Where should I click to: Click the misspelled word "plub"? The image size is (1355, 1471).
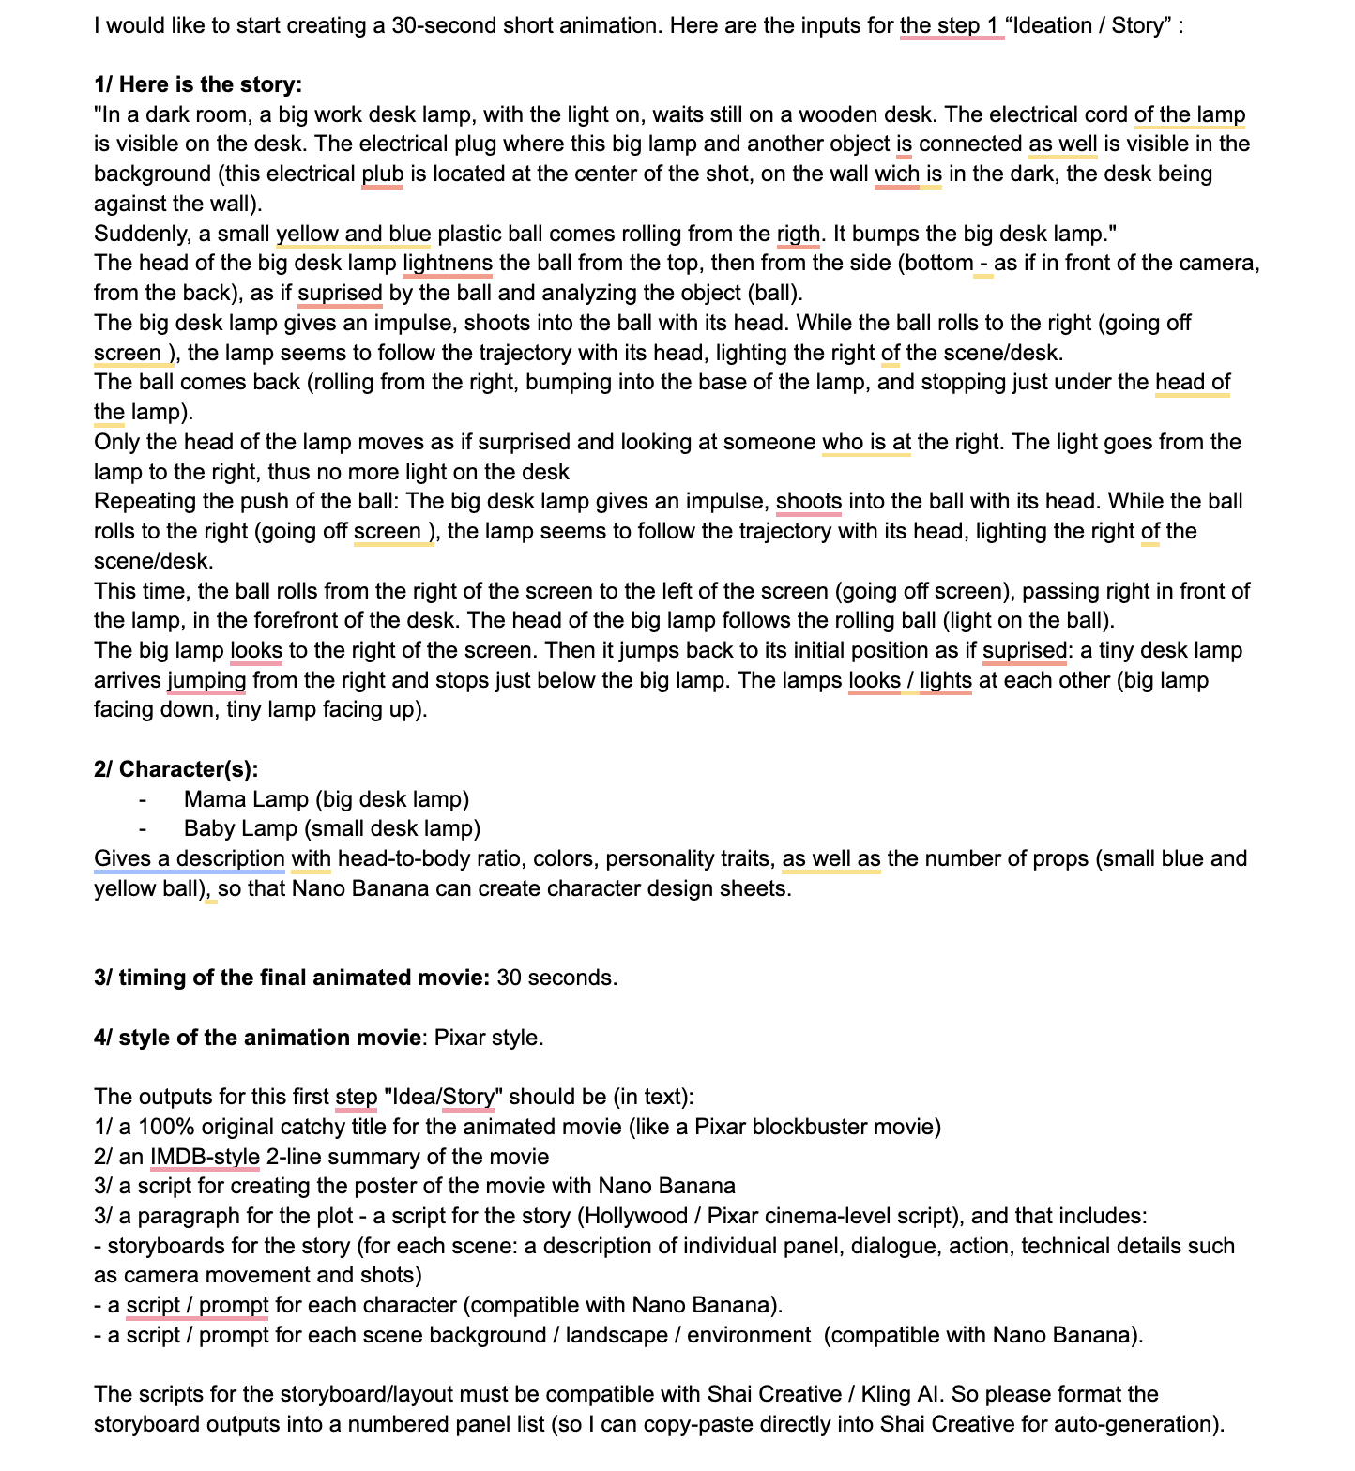point(382,174)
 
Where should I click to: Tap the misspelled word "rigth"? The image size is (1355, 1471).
point(798,234)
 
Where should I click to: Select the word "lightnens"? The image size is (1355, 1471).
point(447,263)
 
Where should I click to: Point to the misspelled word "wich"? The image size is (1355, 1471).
point(896,174)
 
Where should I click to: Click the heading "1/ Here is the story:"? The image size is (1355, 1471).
point(198,84)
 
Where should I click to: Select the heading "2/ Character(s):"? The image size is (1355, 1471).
point(175,769)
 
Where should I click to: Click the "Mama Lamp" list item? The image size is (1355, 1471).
point(326,799)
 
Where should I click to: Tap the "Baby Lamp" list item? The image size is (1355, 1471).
point(331,828)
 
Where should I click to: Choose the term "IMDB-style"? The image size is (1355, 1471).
point(205,1157)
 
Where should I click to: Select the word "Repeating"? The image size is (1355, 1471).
point(140,501)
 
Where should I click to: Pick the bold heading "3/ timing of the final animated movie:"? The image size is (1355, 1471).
point(291,978)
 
